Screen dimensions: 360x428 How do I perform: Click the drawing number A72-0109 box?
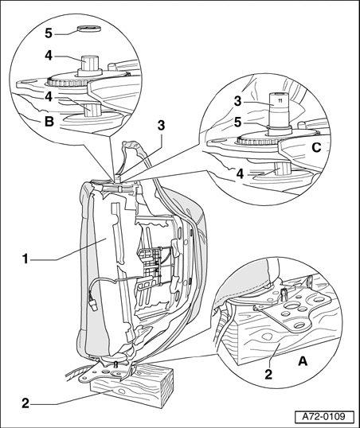coord(324,417)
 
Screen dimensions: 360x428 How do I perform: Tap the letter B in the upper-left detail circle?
coord(49,122)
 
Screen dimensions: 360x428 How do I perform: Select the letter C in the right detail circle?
coord(316,148)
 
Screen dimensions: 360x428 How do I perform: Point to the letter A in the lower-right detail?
coord(303,362)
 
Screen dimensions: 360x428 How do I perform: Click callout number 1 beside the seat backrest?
coord(25,259)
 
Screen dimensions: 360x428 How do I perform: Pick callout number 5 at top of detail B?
coord(49,33)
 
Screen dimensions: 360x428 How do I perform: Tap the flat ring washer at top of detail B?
coord(89,28)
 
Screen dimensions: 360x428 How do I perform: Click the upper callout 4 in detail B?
coord(49,56)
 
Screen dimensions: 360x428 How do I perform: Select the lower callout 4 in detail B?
coord(49,97)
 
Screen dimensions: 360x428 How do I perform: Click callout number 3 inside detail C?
coord(238,101)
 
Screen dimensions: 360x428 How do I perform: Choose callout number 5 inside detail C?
coord(238,123)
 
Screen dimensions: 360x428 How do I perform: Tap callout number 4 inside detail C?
coord(240,173)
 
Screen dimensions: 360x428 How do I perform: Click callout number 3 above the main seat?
coord(161,126)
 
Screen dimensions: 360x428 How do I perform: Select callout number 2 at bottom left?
coord(25,403)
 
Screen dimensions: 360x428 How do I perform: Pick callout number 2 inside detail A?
coord(268,375)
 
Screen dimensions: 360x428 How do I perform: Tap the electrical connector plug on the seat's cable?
coord(94,305)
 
